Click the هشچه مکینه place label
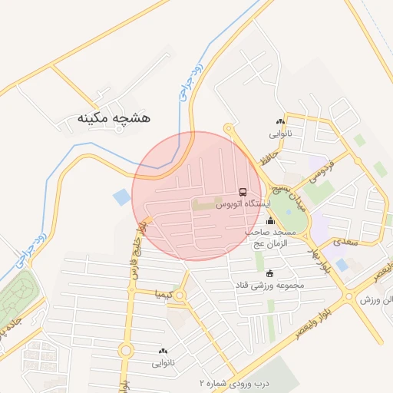pos(114,118)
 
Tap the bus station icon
pos(243,192)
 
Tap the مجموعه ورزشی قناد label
pos(270,286)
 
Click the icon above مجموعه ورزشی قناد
pos(269,273)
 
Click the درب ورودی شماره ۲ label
pos(228,382)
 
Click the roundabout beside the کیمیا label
pos(181,296)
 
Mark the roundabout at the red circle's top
pos(228,128)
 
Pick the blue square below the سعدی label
pos(342,265)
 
